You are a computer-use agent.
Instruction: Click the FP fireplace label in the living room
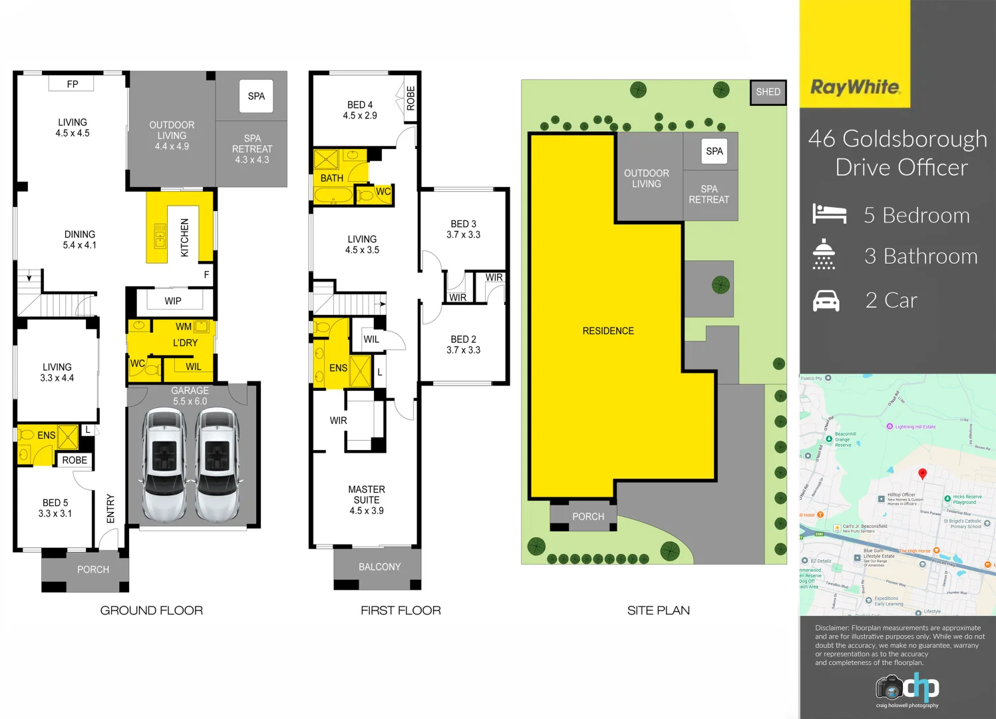pos(72,84)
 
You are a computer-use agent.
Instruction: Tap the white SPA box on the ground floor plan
pos(256,96)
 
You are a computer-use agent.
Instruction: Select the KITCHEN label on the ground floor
pos(185,238)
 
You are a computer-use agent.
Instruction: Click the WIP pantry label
pos(173,301)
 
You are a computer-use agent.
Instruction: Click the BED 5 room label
pos(55,508)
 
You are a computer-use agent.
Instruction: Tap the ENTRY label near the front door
pos(110,509)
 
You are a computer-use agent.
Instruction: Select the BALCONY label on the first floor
pos(379,567)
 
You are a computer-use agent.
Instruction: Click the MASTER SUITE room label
pos(367,499)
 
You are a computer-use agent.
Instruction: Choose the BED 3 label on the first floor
pos(463,229)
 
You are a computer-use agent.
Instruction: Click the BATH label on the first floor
pos(332,178)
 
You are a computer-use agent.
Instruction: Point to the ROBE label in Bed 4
pos(411,98)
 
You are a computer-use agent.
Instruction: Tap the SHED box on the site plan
pos(768,92)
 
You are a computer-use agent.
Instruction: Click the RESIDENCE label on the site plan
pos(608,331)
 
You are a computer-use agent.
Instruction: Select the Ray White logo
pos(855,87)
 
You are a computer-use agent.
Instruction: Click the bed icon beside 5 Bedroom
pos(829,214)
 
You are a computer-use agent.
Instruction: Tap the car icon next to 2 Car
pos(826,301)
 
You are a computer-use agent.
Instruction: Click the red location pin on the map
pos(922,473)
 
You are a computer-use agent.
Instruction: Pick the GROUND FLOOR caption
pos(152,610)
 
